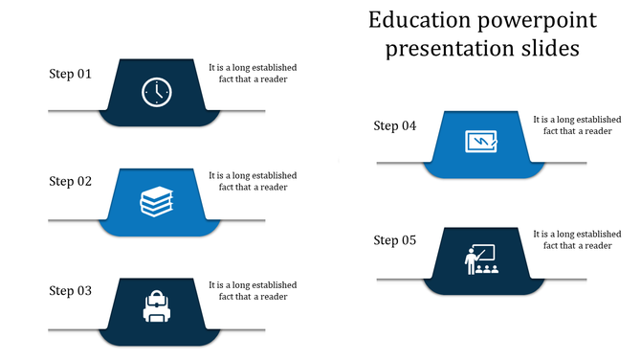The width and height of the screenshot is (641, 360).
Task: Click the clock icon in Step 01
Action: click(157, 92)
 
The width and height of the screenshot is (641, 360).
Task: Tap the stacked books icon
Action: click(157, 202)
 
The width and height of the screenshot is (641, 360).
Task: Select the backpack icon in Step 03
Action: click(157, 306)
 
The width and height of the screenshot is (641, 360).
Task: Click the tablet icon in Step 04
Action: click(481, 142)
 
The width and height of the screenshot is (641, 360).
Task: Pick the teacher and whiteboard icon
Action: click(481, 259)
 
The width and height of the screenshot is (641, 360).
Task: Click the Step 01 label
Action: click(71, 73)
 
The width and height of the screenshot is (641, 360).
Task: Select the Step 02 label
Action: click(71, 181)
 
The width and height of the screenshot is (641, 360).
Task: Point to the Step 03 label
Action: click(71, 290)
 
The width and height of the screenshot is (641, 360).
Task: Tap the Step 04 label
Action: click(395, 125)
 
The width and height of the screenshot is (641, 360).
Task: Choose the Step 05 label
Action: click(395, 240)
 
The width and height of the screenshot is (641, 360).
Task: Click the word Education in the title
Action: click(417, 20)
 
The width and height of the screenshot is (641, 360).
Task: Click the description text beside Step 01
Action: click(253, 74)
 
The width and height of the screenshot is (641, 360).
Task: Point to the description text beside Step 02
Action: click(253, 181)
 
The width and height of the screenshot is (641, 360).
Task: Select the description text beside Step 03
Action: click(253, 290)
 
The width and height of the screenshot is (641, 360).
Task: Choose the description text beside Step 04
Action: click(577, 125)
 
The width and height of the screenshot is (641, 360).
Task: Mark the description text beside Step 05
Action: click(577, 239)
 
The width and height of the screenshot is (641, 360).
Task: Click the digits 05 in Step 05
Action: click(409, 240)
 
